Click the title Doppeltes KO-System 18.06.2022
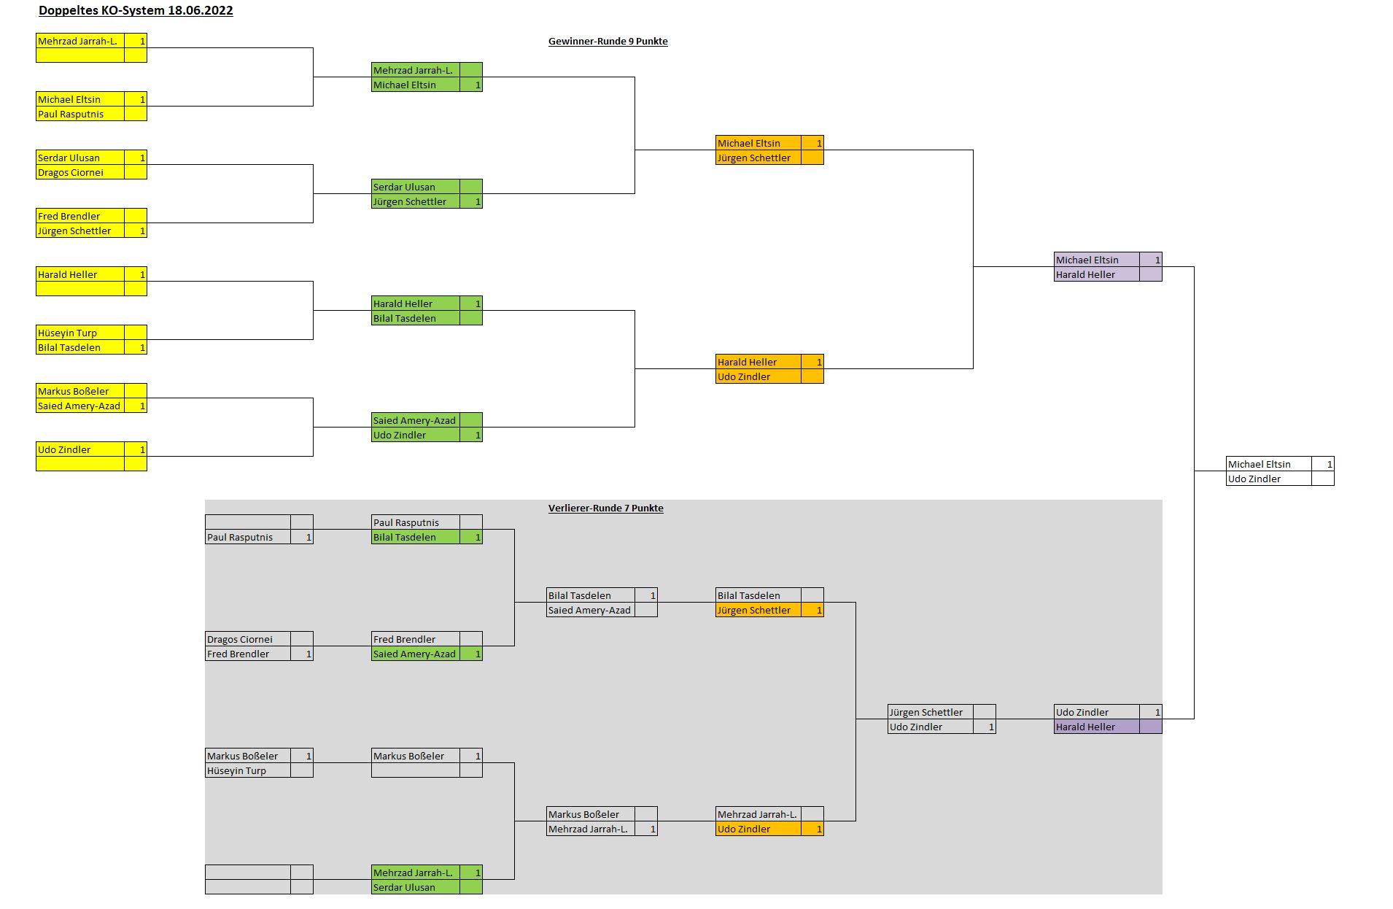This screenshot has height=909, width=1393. click(136, 10)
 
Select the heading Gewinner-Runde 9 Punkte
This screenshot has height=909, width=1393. click(608, 42)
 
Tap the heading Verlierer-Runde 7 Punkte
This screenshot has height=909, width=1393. click(605, 508)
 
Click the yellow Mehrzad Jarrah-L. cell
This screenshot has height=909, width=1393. click(79, 41)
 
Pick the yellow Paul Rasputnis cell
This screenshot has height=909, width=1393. click(79, 114)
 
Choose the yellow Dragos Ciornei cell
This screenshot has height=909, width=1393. click(79, 172)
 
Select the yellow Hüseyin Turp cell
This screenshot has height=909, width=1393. click(79, 333)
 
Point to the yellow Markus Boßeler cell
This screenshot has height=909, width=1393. click(79, 391)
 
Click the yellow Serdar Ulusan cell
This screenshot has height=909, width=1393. click(79, 158)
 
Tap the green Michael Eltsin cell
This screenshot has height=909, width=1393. click(414, 85)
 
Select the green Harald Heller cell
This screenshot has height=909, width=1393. click(414, 303)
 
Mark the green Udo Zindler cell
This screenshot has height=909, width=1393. click(414, 435)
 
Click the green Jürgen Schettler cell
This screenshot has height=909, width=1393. click(414, 201)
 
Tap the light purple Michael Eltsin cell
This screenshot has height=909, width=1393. click(1095, 260)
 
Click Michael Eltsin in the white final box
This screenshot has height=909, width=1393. click(1268, 464)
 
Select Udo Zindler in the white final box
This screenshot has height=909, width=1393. click(1268, 479)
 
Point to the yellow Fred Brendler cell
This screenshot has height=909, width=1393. click(79, 216)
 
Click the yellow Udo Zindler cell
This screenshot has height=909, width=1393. click(79, 449)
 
